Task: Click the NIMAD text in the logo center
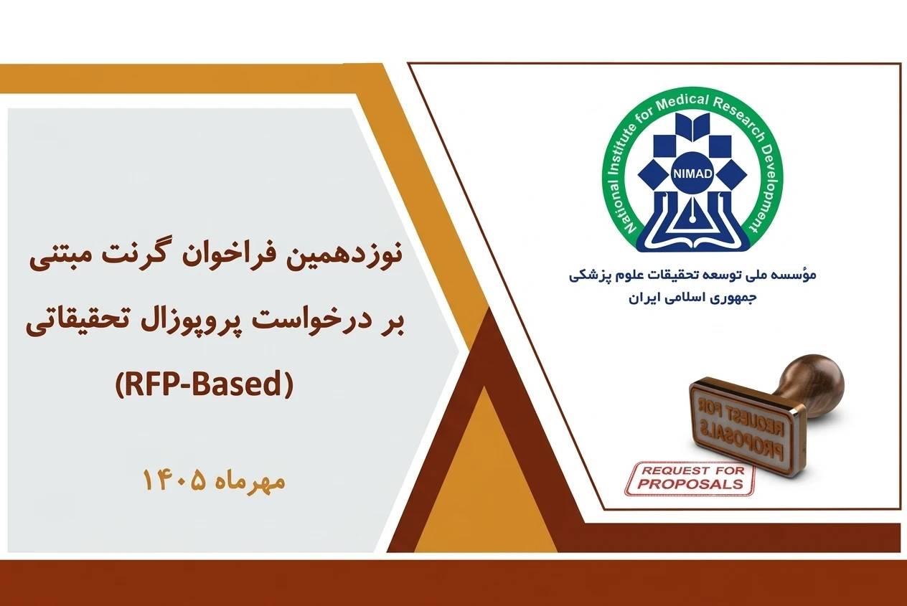tap(692, 174)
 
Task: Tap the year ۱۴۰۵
tap(174, 482)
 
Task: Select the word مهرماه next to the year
tap(250, 483)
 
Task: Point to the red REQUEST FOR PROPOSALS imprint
tap(691, 479)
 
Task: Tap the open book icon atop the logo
tap(693, 126)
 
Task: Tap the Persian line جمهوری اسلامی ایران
tap(692, 299)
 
